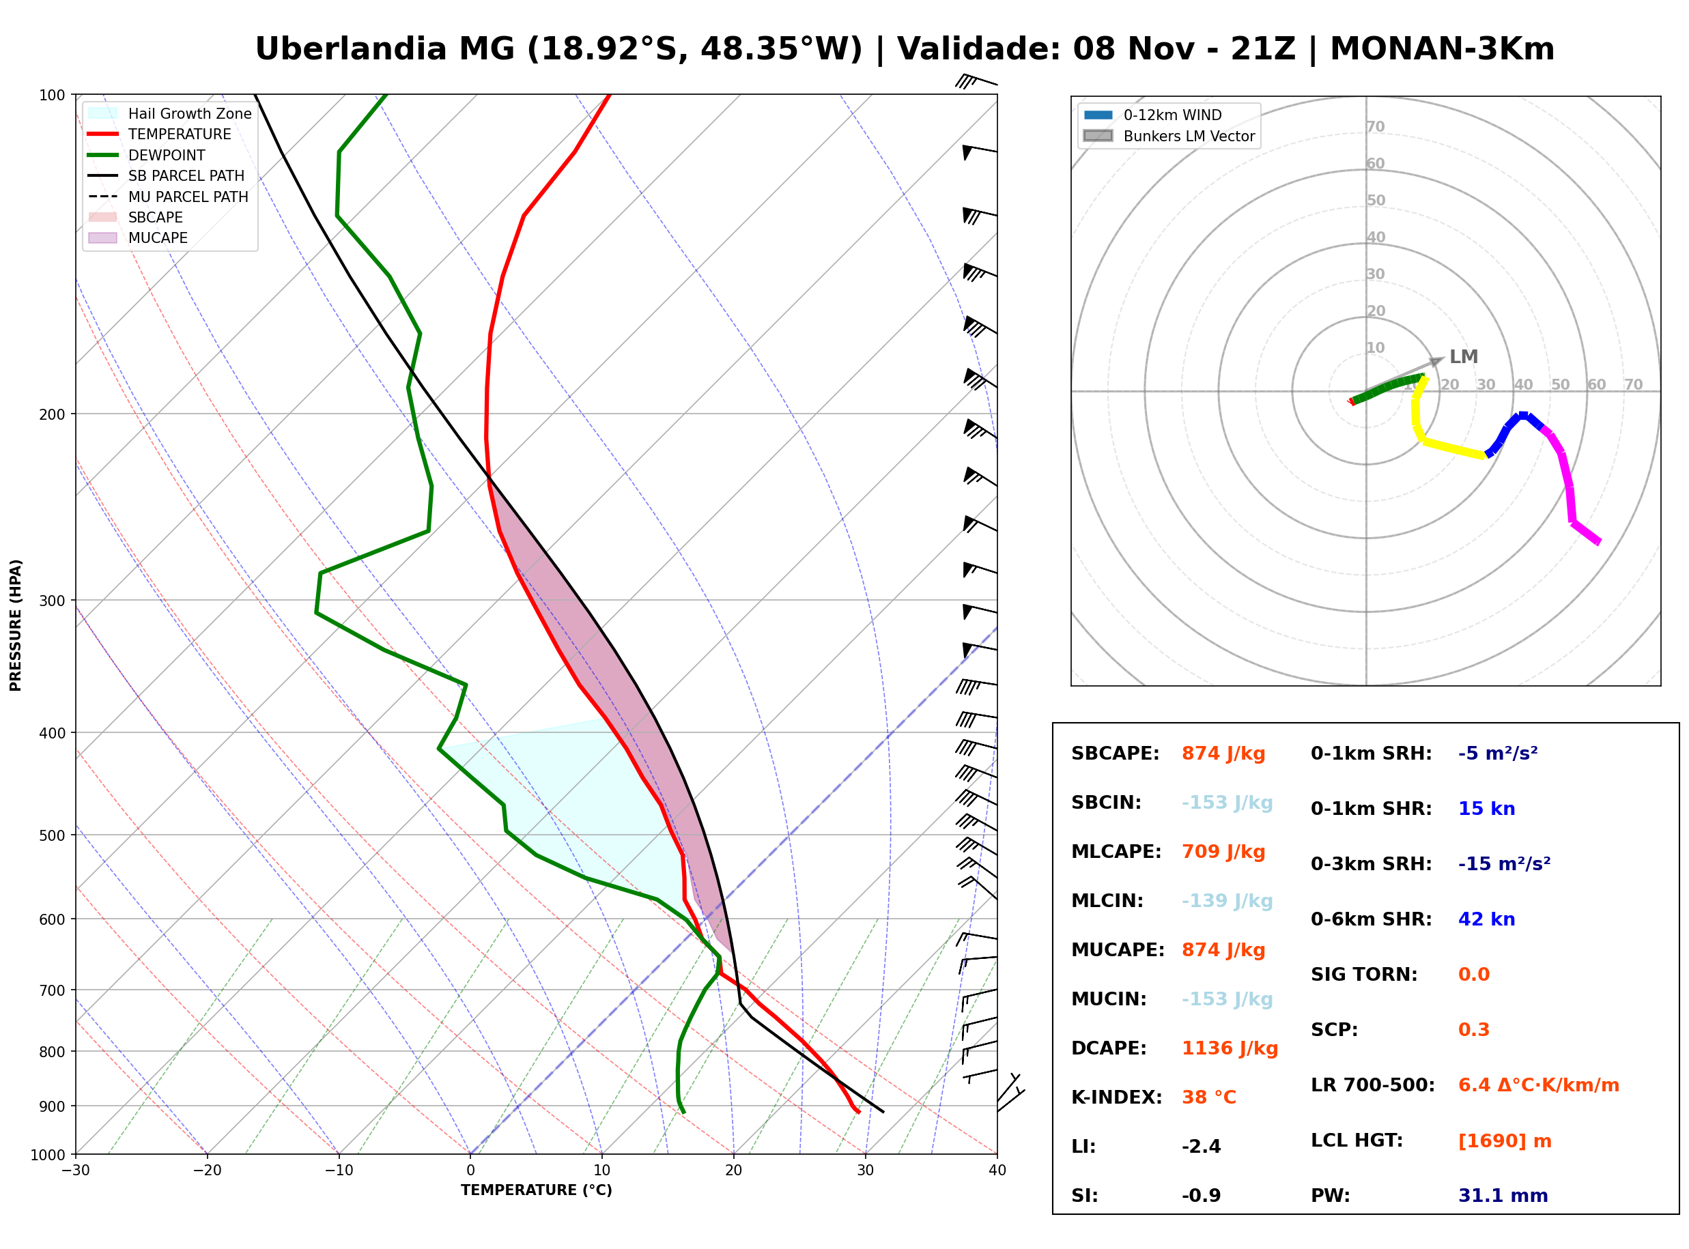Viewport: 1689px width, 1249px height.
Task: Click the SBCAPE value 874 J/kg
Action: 1223,753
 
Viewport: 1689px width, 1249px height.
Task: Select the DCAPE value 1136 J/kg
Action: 1230,1048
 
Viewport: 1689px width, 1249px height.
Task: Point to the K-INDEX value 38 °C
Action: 1208,1097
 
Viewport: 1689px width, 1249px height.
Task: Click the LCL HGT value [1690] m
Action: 1505,1141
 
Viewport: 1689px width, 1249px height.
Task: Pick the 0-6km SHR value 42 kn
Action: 1486,919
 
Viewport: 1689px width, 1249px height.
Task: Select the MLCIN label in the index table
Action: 1107,901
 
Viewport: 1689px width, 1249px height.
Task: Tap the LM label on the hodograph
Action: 1463,357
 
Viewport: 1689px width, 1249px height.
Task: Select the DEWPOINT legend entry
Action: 147,155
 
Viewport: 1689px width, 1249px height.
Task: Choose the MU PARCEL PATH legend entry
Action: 168,197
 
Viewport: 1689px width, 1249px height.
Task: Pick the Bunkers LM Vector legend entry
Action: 1169,136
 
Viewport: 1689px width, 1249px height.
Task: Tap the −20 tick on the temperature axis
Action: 207,1171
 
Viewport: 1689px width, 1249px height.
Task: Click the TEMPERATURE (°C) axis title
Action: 536,1190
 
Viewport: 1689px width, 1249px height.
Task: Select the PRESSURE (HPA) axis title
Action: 16,625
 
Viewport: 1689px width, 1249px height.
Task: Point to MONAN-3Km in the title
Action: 1442,49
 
